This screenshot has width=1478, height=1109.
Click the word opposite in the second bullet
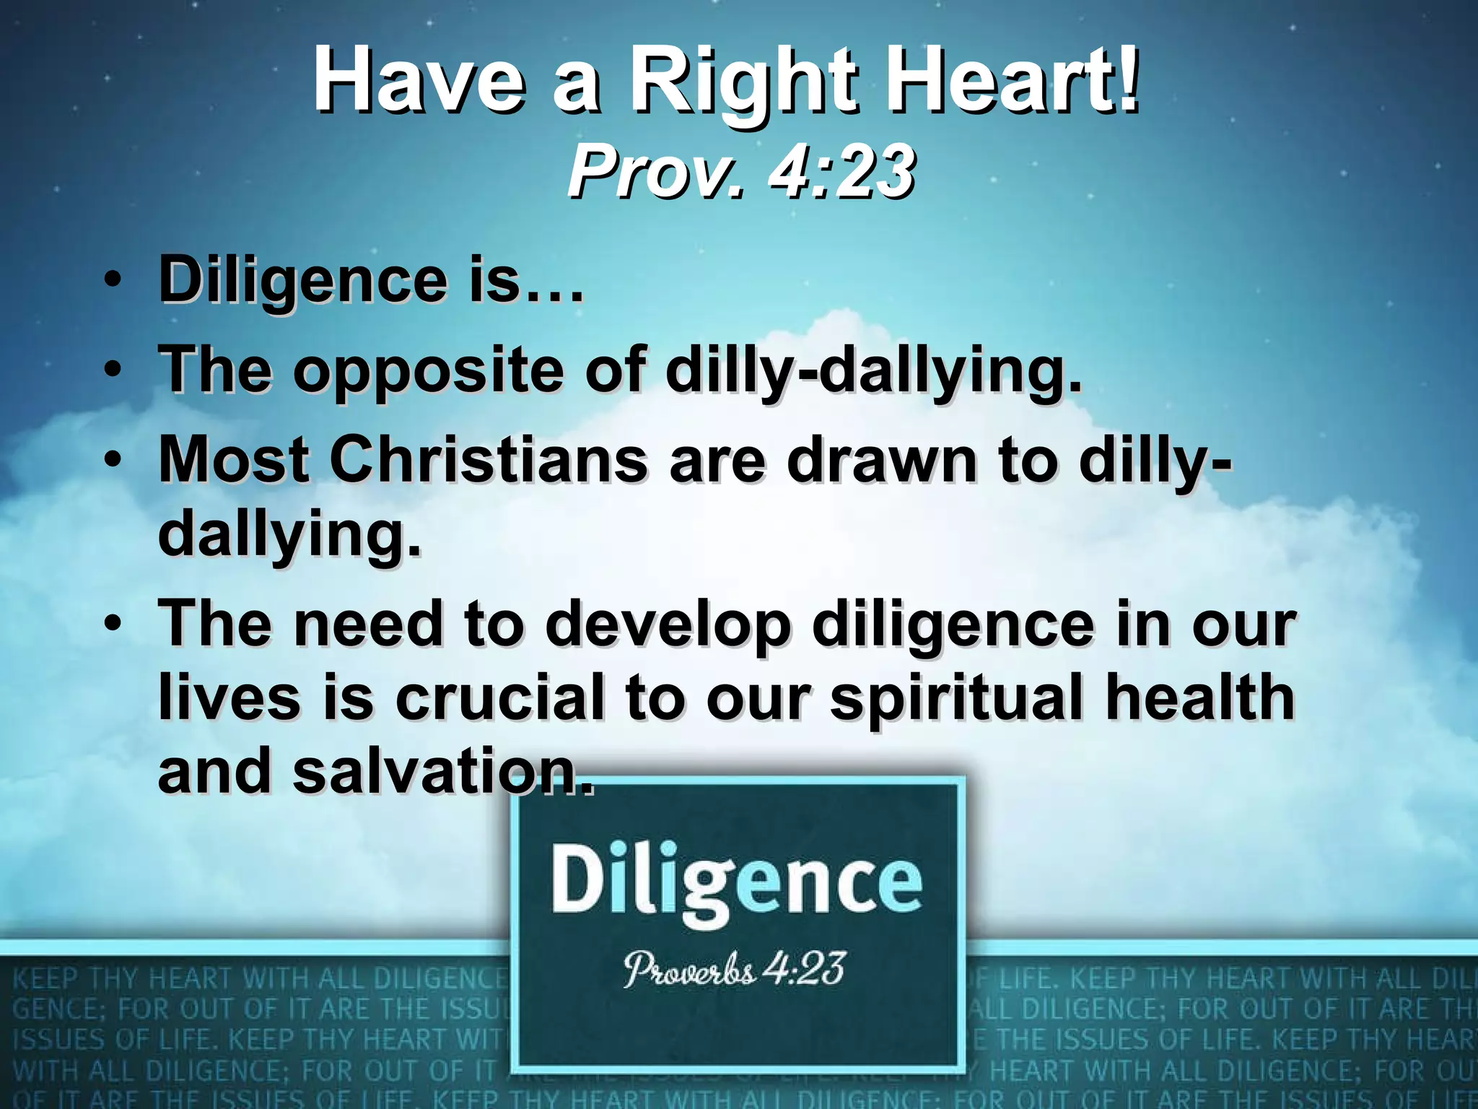(427, 370)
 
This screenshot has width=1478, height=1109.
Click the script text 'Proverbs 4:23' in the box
(734, 970)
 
